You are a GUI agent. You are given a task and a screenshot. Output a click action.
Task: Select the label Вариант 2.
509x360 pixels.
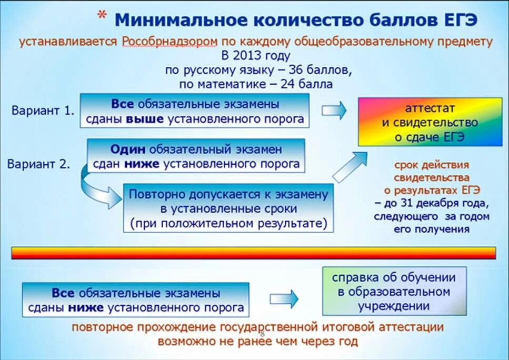pos(39,164)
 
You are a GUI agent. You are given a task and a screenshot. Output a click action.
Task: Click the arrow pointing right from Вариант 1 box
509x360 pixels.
pos(334,110)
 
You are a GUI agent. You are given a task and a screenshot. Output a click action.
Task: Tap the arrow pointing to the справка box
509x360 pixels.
pos(286,298)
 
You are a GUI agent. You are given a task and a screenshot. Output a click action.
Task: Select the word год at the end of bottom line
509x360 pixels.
pos(346,341)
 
